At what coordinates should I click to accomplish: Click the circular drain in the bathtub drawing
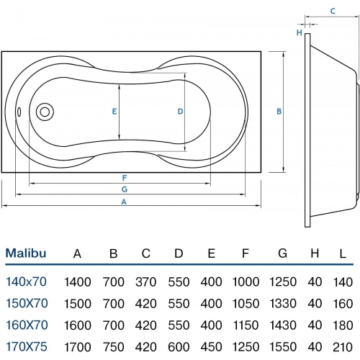point(45,112)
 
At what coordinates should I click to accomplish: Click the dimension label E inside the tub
point(114,111)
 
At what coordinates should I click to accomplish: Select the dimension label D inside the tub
point(181,111)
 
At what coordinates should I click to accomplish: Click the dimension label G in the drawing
point(125,189)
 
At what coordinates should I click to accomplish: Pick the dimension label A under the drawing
point(125,202)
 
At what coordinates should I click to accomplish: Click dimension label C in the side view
point(333,11)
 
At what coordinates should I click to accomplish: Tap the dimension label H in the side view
point(299,32)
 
